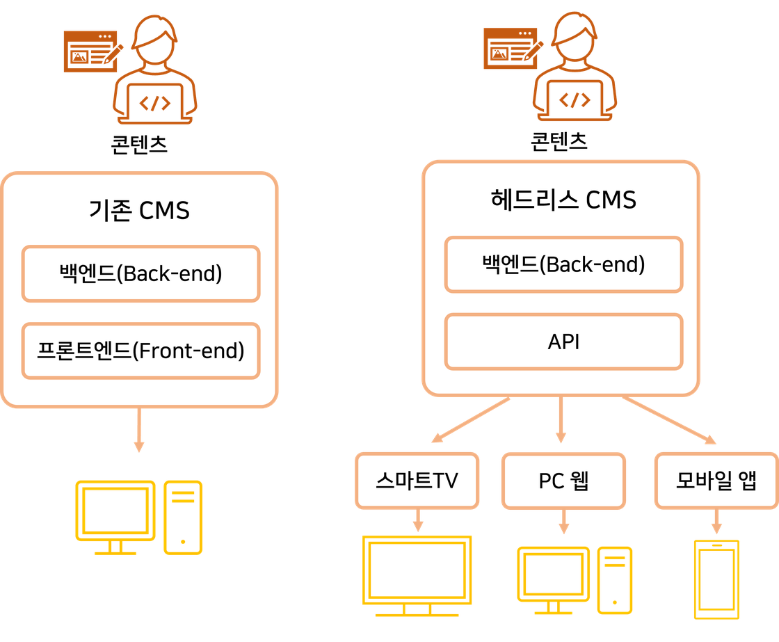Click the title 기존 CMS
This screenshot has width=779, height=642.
click(x=140, y=209)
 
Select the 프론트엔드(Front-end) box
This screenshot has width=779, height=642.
click(x=140, y=351)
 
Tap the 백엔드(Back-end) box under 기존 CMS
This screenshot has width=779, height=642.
click(x=140, y=273)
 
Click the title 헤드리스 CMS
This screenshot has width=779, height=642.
click(x=563, y=200)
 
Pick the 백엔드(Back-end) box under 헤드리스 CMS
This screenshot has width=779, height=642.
click(x=563, y=264)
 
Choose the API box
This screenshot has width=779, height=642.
click(x=563, y=342)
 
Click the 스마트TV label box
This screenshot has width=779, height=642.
click(x=417, y=481)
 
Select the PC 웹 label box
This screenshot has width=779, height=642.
click(x=563, y=481)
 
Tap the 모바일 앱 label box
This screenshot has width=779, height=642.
click(x=716, y=481)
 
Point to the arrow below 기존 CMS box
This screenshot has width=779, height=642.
click(x=139, y=431)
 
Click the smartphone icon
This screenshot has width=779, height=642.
click(x=717, y=578)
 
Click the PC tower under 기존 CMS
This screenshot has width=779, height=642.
click(x=183, y=517)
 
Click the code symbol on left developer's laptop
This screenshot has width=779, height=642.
click(x=154, y=103)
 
